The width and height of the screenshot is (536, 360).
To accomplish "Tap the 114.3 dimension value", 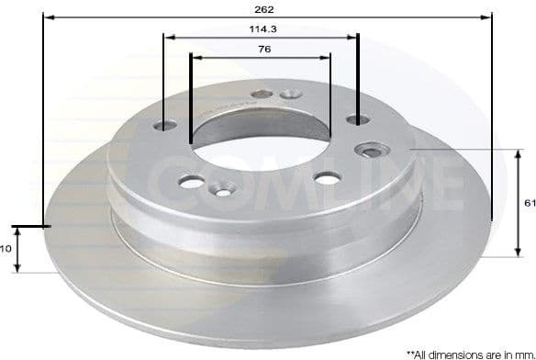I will coord(261,29).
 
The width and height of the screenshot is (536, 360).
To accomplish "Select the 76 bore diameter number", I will coord(262,51).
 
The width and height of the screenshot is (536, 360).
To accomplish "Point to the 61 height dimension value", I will coord(529,204).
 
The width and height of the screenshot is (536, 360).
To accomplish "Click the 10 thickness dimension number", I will coord(5,248).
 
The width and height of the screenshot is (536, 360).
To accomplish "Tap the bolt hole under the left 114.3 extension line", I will coord(165,126).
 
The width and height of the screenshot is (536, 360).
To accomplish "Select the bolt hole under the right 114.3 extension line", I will coord(357,118).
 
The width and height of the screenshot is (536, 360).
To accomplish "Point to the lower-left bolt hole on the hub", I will coord(191,182).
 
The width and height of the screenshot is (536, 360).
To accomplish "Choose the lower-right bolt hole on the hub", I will coord(326,177).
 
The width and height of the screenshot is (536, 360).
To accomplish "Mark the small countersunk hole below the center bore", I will coord(222,190).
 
